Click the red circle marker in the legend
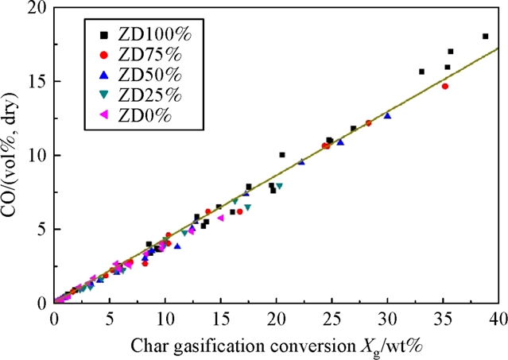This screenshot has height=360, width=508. (x=103, y=55)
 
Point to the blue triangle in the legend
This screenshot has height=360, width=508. (x=103, y=75)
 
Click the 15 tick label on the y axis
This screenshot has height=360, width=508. (x=35, y=82)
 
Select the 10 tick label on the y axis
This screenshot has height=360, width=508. (x=35, y=156)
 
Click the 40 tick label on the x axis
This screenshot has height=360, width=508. (x=498, y=318)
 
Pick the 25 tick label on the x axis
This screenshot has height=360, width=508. (x=332, y=318)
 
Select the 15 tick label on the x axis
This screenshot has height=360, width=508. (x=220, y=318)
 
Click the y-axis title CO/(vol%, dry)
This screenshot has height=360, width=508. (x=14, y=155)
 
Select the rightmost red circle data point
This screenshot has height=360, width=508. (x=445, y=86)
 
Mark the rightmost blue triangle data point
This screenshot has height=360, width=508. (x=387, y=115)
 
